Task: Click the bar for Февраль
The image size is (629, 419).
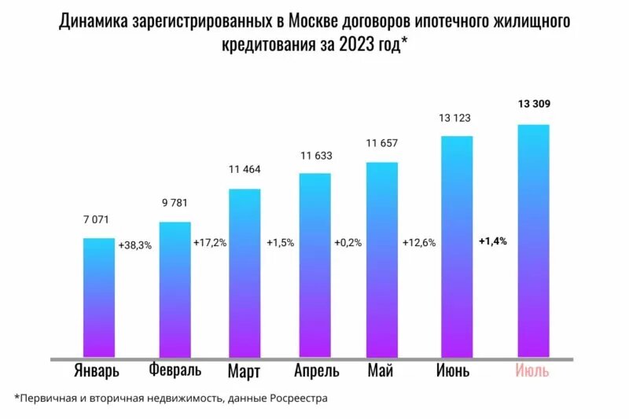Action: pyautogui.click(x=175, y=289)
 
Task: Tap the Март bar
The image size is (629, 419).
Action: pyautogui.click(x=244, y=273)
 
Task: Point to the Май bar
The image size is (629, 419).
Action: pyautogui.click(x=382, y=259)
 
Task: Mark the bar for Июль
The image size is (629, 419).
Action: pyautogui.click(x=533, y=241)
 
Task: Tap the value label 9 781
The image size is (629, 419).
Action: pyautogui.click(x=174, y=203)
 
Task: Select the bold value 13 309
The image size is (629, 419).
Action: pyautogui.click(x=532, y=103)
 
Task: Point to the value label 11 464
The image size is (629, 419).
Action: pyautogui.click(x=244, y=169)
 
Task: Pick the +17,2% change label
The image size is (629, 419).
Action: pyautogui.click(x=209, y=243)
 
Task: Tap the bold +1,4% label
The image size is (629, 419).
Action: pyautogui.click(x=493, y=241)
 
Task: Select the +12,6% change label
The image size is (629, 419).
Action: pyautogui.click(x=418, y=243)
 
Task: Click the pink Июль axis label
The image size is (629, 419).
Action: pyautogui.click(x=532, y=370)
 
